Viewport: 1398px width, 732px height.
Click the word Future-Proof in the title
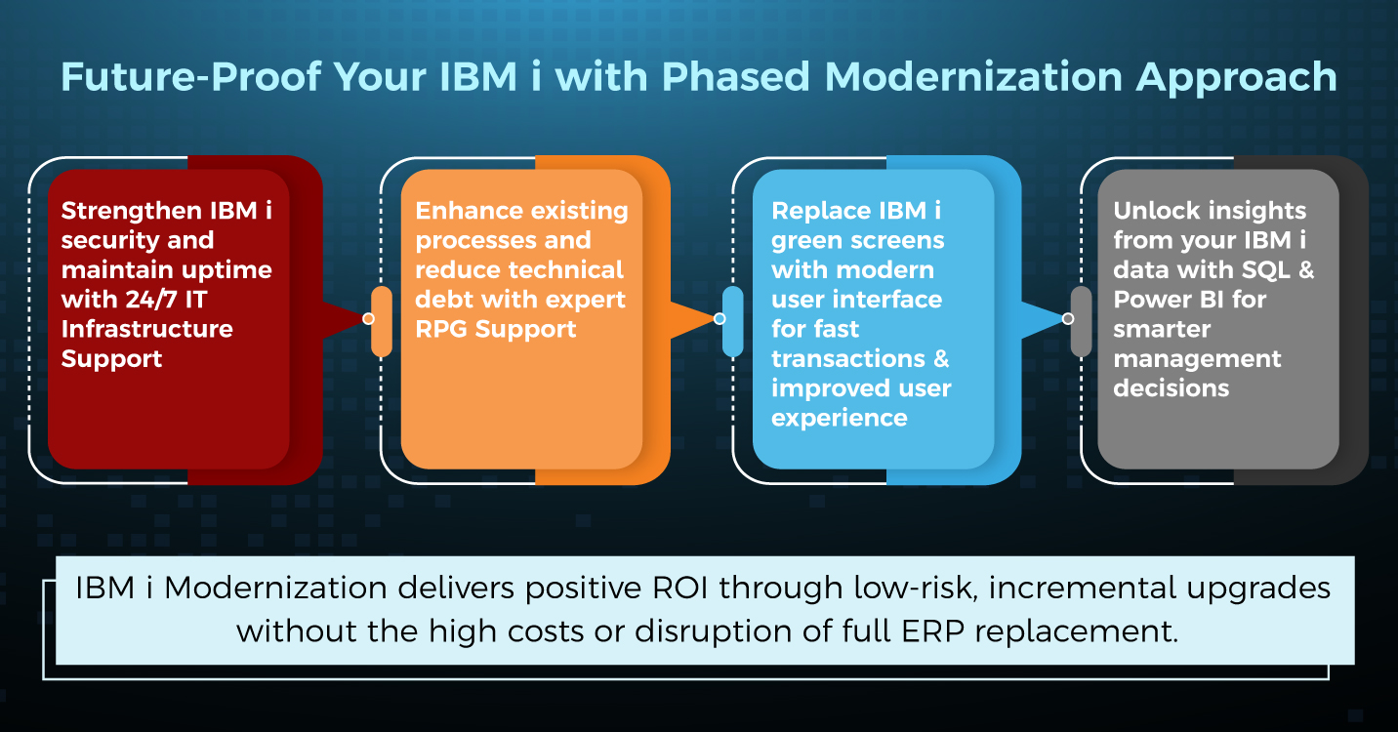pos(191,77)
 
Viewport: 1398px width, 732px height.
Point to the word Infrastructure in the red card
pos(147,329)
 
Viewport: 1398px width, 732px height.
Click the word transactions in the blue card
pos(848,359)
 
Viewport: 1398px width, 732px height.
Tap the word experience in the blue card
pos(840,419)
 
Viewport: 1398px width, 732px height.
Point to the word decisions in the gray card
pos(1172,388)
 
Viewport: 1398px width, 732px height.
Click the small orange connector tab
pos(382,321)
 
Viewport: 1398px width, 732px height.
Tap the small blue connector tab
pos(733,321)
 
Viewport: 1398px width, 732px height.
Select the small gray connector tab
pos(1081,321)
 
